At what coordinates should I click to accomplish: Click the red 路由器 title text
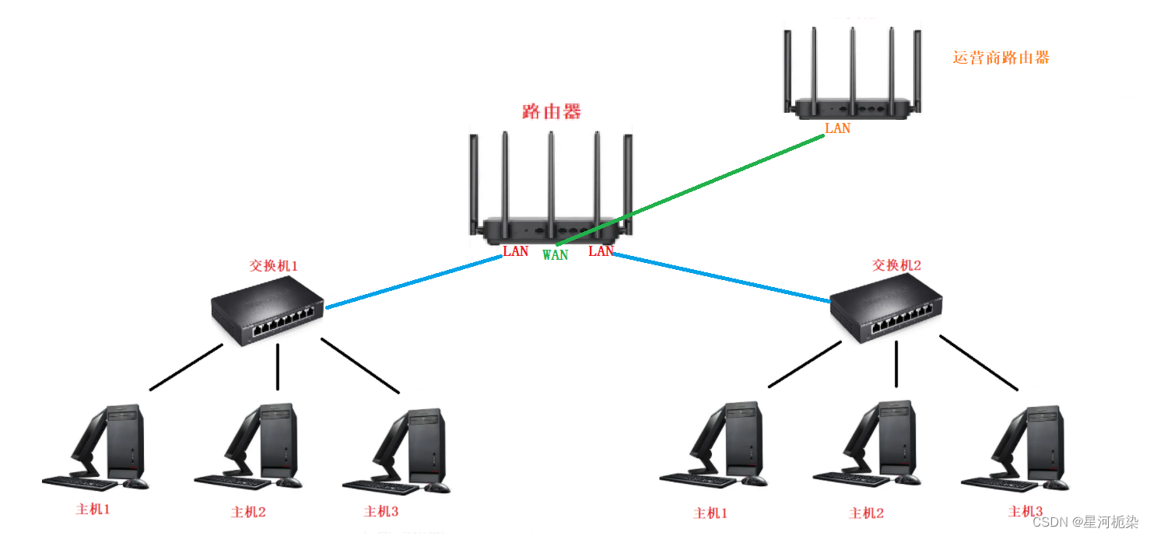point(552,112)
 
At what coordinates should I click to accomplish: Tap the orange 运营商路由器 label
point(1001,58)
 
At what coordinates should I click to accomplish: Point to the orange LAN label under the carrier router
point(837,128)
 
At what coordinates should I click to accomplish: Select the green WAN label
point(555,255)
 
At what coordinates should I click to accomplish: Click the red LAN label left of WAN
point(515,251)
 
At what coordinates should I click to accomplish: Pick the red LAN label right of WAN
point(601,251)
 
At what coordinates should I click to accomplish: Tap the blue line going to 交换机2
point(724,278)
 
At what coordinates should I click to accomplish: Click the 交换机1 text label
point(273,266)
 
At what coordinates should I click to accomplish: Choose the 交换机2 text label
point(896,265)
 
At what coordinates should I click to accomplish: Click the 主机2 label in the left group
point(248,512)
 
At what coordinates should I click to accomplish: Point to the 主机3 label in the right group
point(1025,511)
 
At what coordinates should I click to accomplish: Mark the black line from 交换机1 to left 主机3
point(359,365)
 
